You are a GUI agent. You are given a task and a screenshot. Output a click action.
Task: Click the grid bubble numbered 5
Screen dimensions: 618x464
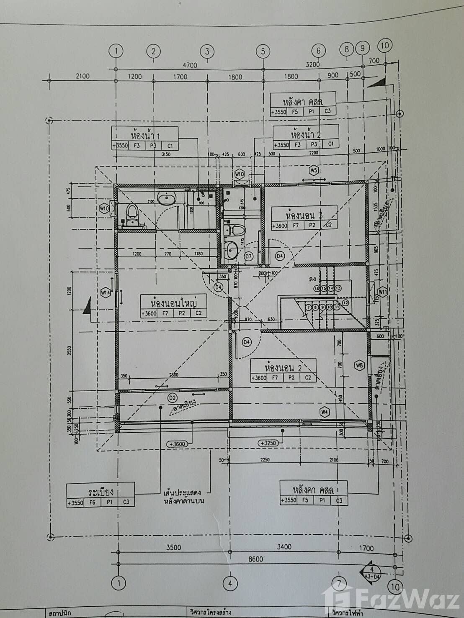click(x=263, y=51)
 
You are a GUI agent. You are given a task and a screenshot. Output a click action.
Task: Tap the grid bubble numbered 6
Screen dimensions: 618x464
click(x=318, y=51)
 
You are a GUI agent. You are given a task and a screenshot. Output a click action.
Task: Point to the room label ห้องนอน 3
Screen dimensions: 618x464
click(x=304, y=215)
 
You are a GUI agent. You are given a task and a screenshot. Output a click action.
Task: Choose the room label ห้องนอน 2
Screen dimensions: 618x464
click(x=283, y=368)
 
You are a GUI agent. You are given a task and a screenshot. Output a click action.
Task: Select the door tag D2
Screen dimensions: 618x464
click(x=172, y=396)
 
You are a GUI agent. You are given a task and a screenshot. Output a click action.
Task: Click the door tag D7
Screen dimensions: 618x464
click(x=249, y=256)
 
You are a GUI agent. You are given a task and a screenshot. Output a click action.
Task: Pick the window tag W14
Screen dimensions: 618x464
click(x=106, y=293)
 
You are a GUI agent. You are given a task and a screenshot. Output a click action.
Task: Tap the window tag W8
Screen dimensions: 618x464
click(x=359, y=365)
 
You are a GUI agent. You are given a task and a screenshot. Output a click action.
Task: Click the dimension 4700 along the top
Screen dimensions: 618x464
click(x=190, y=65)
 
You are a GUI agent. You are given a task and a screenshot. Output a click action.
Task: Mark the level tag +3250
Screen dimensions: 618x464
click(x=268, y=443)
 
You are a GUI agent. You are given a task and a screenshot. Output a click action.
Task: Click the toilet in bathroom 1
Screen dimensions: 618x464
click(x=132, y=212)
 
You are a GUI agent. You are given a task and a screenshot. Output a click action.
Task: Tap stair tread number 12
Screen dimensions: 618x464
click(x=345, y=302)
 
